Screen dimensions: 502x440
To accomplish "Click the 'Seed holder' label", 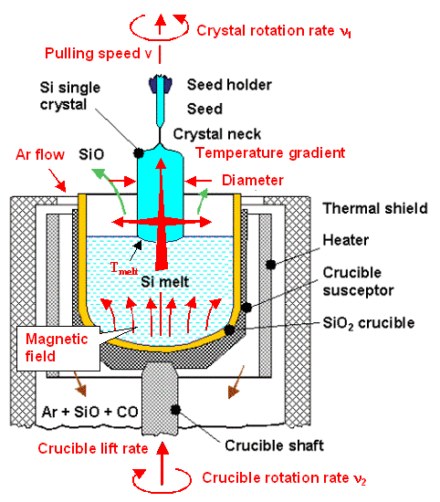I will pyautogui.click(x=229, y=85).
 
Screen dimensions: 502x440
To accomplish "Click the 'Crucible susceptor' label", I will pyautogui.click(x=371, y=284).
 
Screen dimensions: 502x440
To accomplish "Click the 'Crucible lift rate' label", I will pyautogui.click(x=92, y=449).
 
